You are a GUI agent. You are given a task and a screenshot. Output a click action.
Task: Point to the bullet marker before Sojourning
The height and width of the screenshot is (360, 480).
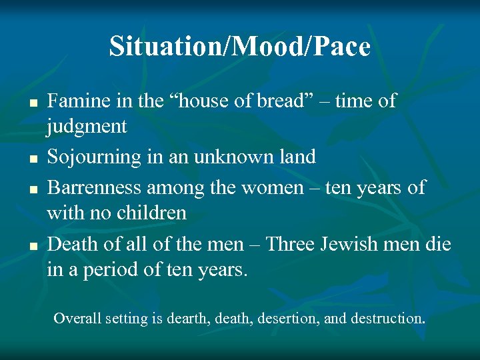pos(31,159)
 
